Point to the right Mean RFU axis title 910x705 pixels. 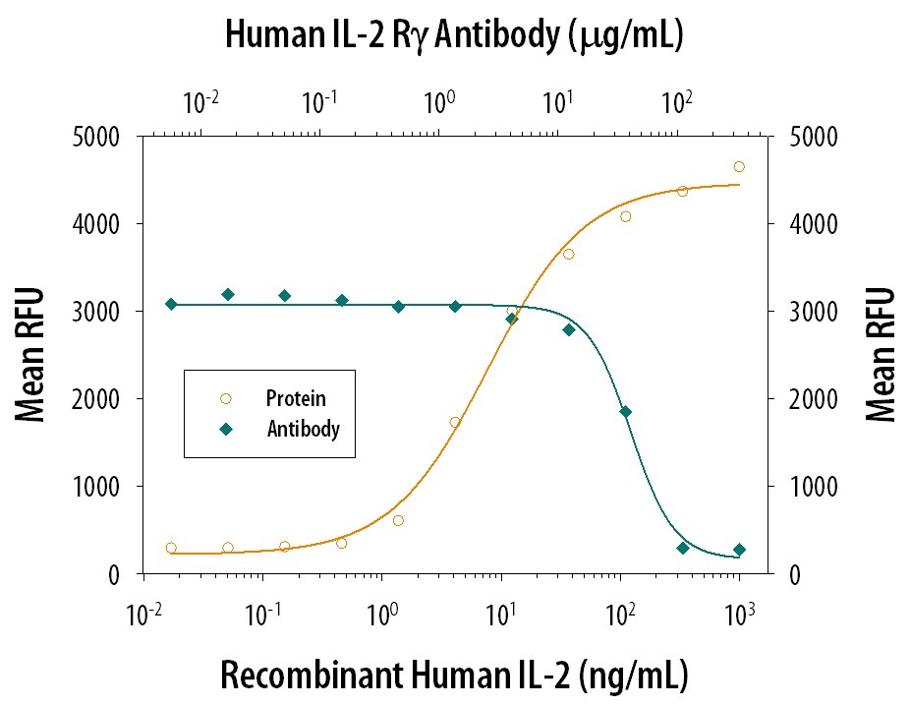click(882, 355)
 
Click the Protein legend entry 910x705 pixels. click(295, 399)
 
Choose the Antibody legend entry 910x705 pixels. click(302, 429)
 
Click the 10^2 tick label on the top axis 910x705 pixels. click(675, 100)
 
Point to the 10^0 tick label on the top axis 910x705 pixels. click(439, 100)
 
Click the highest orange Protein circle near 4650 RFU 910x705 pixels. click(739, 166)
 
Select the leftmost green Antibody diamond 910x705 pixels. click(171, 304)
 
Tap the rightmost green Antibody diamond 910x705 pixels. click(739, 550)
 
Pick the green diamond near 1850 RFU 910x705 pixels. click(625, 412)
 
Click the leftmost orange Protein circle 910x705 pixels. click(171, 548)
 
